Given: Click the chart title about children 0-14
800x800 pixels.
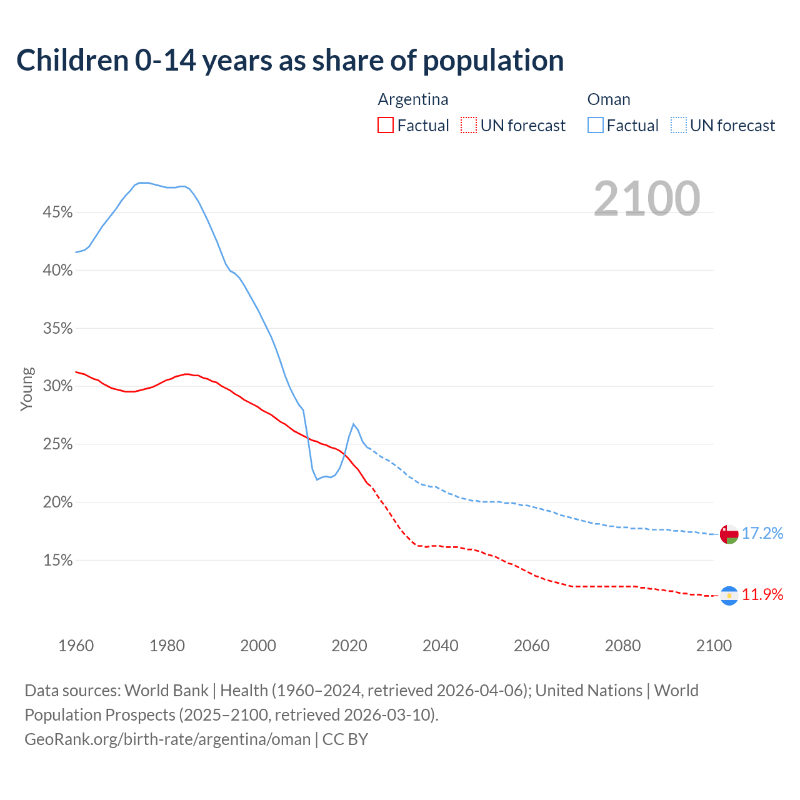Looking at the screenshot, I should click(290, 61).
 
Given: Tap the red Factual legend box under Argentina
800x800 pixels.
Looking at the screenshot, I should click(386, 126).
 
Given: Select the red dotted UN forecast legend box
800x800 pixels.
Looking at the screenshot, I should click(469, 126).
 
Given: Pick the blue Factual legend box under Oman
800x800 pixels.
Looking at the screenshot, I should click(596, 126).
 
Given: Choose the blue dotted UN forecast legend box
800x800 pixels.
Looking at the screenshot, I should click(679, 126).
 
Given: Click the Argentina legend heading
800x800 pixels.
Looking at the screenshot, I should click(413, 99).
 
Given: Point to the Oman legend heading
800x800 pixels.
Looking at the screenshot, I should click(609, 99).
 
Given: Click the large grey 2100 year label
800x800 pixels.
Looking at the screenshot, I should click(647, 199).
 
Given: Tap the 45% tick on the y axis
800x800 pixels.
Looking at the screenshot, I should click(57, 212).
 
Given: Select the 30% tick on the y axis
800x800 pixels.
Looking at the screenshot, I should click(57, 386).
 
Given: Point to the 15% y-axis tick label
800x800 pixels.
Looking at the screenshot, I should click(57, 561).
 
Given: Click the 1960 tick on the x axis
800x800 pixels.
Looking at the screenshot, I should click(76, 646).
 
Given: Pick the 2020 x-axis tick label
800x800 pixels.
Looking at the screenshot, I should click(349, 646).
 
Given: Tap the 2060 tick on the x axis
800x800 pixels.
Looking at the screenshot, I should click(532, 646).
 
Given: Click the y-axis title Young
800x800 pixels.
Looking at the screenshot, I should click(26, 389).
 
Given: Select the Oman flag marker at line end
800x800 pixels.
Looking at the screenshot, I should click(729, 534).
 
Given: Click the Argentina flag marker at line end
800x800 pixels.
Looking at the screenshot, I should click(729, 596).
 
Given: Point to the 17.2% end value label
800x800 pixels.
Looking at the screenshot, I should click(762, 533).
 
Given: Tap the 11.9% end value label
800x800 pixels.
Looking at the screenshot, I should click(762, 594).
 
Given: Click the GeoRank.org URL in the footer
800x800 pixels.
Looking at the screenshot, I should click(167, 739).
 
